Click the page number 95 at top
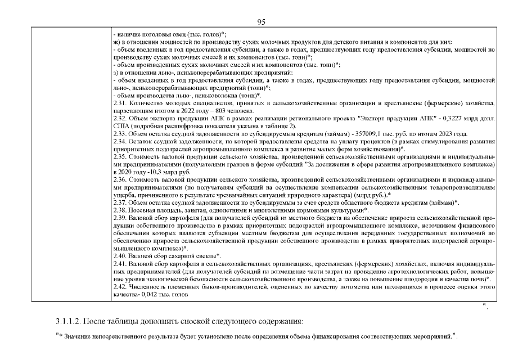(x=260, y=22)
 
